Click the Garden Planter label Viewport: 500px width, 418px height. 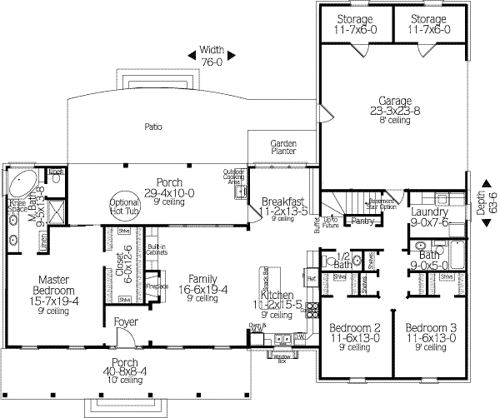pos(284,148)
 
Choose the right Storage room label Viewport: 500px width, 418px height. pos(429,24)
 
